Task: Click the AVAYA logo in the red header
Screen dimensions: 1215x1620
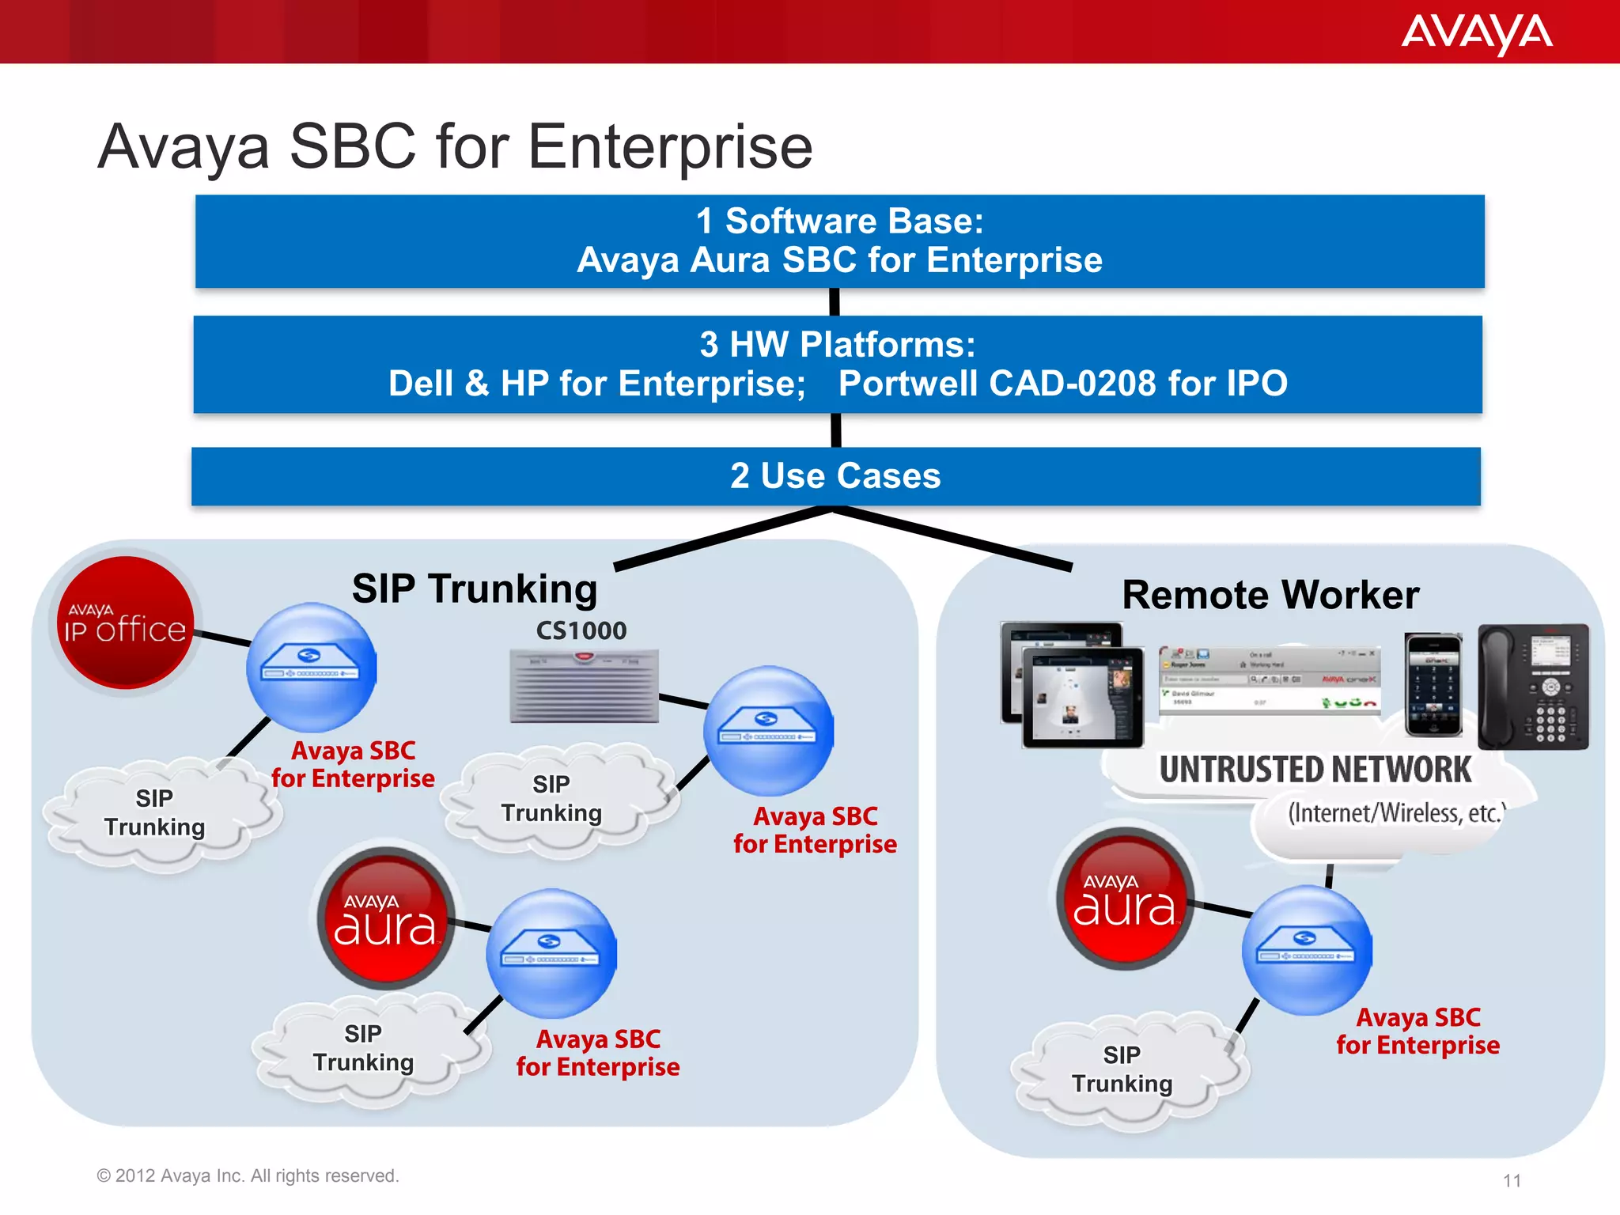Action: point(1476,33)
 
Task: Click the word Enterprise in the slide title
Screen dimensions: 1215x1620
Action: point(670,147)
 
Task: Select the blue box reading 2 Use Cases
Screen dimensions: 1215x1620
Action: point(835,476)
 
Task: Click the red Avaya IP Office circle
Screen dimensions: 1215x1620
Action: point(125,623)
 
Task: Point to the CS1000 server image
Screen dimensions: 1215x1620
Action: point(584,686)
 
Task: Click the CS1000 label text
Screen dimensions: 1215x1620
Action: point(581,630)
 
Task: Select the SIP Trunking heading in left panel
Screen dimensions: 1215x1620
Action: point(475,589)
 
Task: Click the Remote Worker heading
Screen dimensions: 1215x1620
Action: point(1270,595)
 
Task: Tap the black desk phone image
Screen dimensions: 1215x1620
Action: point(1533,687)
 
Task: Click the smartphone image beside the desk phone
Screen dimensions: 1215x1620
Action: point(1433,684)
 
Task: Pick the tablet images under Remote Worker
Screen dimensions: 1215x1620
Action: point(1072,685)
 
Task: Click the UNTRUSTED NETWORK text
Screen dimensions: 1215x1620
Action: point(1315,770)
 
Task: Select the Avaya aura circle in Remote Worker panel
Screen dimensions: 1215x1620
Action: point(1124,899)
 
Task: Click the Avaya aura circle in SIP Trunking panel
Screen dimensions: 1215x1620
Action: point(385,918)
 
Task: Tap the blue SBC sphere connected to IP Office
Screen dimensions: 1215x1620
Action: point(311,668)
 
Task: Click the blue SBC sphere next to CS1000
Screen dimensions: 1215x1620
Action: point(768,731)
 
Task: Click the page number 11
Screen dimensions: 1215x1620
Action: point(1512,1181)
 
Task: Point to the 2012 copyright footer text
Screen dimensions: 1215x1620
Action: point(248,1176)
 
